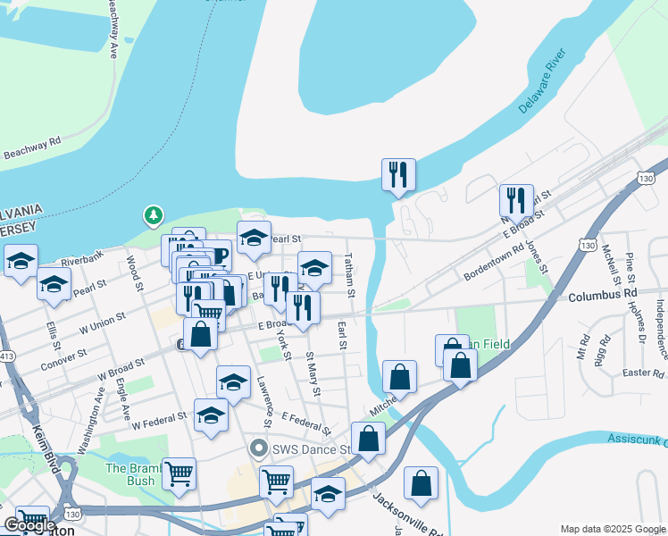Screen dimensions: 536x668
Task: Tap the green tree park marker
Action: (154, 215)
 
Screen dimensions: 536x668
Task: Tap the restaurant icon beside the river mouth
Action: (398, 175)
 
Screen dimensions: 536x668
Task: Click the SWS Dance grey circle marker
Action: (260, 448)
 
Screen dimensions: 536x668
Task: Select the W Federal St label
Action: (163, 420)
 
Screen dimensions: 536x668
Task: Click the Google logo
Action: (29, 525)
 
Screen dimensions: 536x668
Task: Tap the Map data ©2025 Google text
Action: (613, 529)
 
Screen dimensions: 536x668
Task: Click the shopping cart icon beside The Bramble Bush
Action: (179, 473)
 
